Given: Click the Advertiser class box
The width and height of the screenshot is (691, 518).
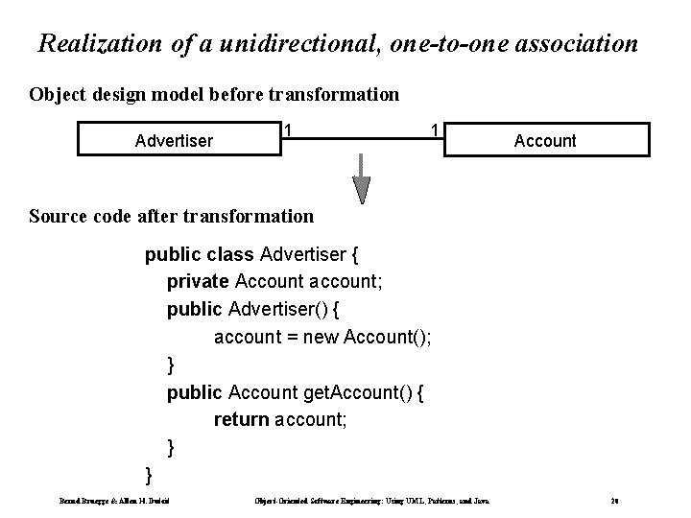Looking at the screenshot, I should [174, 140].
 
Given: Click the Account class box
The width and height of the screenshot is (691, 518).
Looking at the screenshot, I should [545, 140].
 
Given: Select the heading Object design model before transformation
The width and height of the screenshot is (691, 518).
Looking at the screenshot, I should [214, 94].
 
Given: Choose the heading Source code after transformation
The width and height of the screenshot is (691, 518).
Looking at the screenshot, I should [171, 216].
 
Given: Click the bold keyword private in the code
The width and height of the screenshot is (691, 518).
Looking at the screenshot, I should [198, 282].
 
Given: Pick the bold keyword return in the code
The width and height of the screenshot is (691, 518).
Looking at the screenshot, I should [241, 419].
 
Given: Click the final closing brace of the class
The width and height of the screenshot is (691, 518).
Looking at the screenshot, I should [148, 474].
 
